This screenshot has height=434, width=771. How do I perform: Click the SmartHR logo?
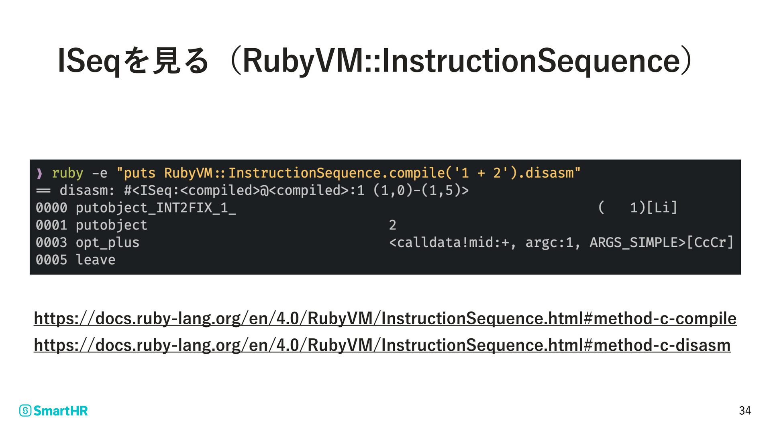pyautogui.click(x=53, y=410)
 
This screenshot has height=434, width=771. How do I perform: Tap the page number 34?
pyautogui.click(x=744, y=410)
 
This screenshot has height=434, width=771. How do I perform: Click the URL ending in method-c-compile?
pyautogui.click(x=385, y=318)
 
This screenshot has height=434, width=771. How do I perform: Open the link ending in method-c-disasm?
pyautogui.click(x=382, y=345)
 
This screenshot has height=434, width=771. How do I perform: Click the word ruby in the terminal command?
pyautogui.click(x=67, y=173)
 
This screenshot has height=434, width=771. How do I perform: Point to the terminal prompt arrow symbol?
pyautogui.click(x=39, y=174)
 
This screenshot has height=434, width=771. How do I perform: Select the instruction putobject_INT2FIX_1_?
pyautogui.click(x=155, y=208)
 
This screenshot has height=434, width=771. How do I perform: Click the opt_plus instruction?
pyautogui.click(x=107, y=243)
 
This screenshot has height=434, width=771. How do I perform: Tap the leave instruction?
pyautogui.click(x=95, y=260)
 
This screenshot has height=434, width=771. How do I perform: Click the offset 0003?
pyautogui.click(x=51, y=243)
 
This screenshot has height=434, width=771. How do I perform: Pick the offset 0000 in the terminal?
pyautogui.click(x=51, y=208)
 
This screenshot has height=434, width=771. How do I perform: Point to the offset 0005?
pyautogui.click(x=51, y=260)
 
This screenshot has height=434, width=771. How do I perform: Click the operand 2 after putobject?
pyautogui.click(x=392, y=225)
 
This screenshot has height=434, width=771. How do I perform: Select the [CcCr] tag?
pyautogui.click(x=710, y=243)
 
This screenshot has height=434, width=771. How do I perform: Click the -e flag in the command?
pyautogui.click(x=100, y=174)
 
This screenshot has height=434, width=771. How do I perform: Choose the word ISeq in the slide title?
pyautogui.click(x=89, y=61)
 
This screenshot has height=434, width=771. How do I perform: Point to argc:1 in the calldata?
pyautogui.click(x=549, y=243)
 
